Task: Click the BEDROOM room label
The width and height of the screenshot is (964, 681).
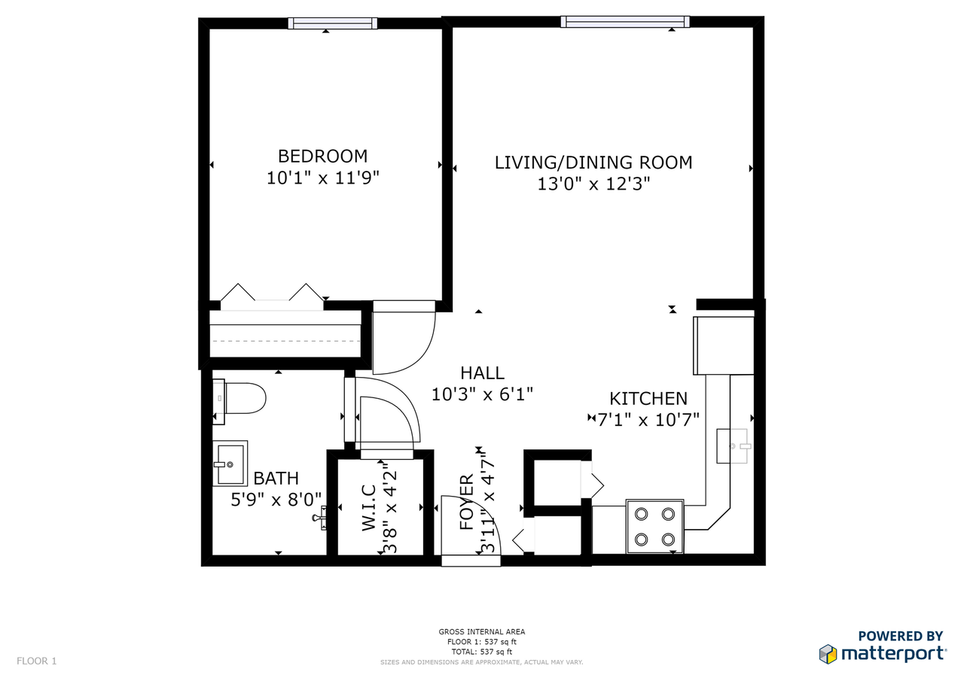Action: tap(323, 156)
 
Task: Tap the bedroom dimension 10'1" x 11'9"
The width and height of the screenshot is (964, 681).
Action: tap(323, 178)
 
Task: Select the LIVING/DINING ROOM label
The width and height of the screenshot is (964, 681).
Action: tap(593, 163)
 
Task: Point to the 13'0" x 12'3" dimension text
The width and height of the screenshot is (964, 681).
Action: tap(593, 184)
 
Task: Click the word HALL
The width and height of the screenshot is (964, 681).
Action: tap(482, 372)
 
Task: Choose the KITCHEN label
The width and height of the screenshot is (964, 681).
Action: tap(648, 399)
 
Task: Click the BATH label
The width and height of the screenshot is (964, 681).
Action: tap(276, 478)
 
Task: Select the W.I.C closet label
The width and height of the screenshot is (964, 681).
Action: tap(369, 507)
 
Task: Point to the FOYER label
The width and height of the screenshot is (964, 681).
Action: tap(466, 502)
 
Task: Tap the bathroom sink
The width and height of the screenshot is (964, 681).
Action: tap(230, 464)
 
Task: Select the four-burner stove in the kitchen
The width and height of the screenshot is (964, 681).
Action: tap(654, 526)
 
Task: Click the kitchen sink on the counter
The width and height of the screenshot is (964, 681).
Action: tap(734, 445)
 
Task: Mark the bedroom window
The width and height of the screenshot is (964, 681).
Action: tap(333, 23)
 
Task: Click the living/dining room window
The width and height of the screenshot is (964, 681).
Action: tap(625, 22)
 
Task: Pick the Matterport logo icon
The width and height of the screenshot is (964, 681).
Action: tap(828, 654)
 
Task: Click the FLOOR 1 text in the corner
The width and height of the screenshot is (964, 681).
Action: tap(37, 661)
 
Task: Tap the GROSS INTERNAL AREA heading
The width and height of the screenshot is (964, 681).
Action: tap(481, 631)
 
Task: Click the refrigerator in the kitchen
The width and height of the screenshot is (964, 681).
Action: tap(724, 345)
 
